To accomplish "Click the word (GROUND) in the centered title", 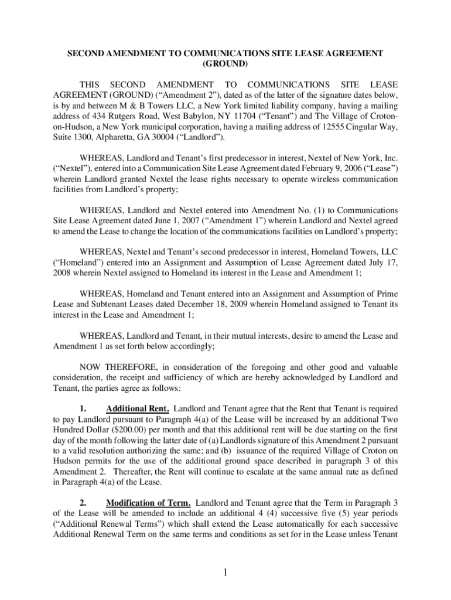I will point(225,64).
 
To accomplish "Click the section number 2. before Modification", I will point(83,503).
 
